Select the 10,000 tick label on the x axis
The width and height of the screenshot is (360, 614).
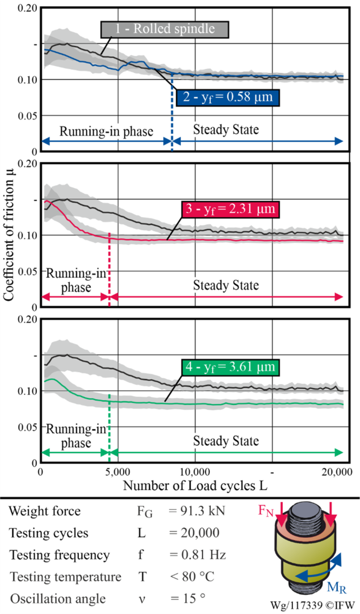coord(195,472)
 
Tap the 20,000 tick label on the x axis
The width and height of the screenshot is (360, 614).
coord(336,472)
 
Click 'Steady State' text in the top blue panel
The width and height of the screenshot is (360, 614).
coord(226,129)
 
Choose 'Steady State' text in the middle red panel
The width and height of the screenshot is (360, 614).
coord(226,285)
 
